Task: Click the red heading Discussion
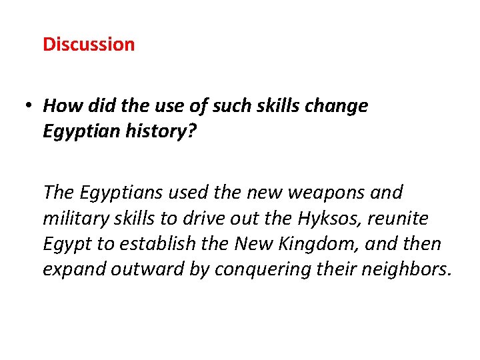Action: coord(89,45)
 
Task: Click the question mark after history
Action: coord(193,132)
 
